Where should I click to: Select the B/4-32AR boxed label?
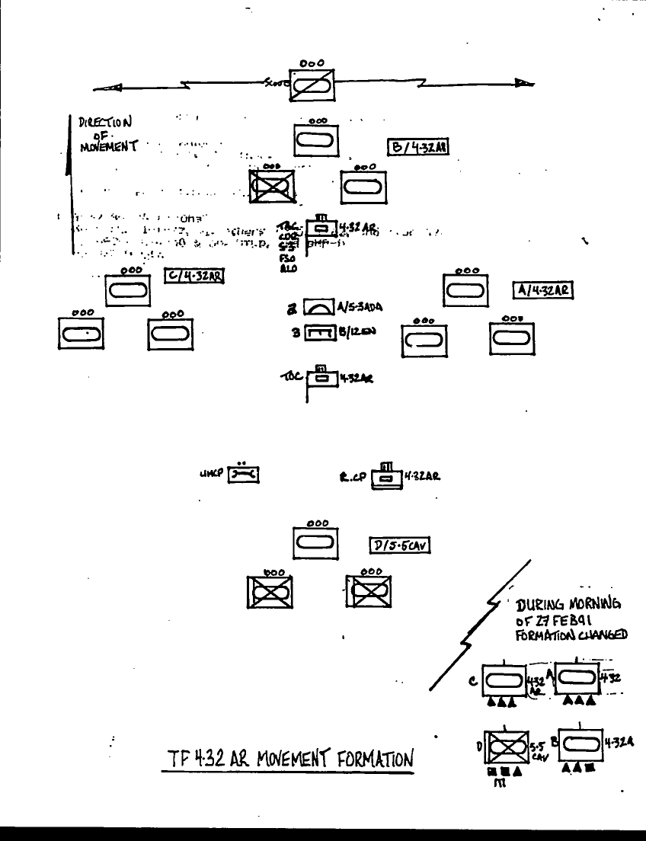click(x=417, y=147)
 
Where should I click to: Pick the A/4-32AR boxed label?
click(x=542, y=289)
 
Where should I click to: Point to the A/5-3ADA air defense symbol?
click(x=319, y=307)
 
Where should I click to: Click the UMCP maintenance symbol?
click(x=243, y=476)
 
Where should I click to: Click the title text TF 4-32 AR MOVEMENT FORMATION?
click(x=290, y=759)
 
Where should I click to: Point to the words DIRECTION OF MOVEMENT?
click(x=105, y=133)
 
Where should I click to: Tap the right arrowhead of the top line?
click(x=523, y=85)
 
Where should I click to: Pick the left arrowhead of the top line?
click(x=110, y=88)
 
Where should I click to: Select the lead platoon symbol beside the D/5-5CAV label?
click(x=316, y=543)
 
